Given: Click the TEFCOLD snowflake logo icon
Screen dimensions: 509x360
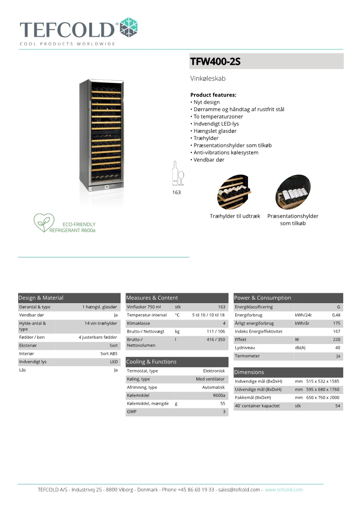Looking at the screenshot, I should point(128,27).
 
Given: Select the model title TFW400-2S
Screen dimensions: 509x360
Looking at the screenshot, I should point(215,61).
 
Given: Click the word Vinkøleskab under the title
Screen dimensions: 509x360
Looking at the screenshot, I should point(208,78).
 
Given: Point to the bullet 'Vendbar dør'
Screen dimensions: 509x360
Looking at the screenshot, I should point(207,160).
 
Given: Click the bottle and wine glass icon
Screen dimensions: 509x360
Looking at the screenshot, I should point(177,174).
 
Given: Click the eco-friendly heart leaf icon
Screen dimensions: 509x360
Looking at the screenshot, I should point(44,223).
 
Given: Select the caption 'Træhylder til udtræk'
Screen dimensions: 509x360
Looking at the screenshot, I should point(235,216).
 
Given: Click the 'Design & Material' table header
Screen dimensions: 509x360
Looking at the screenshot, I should point(41,298).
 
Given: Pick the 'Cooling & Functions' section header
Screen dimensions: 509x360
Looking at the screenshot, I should point(151,362).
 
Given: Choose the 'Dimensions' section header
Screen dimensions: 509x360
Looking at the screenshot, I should point(249,372).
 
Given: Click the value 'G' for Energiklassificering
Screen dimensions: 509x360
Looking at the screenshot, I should point(338,307).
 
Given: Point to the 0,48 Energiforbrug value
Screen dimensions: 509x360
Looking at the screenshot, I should point(336,315).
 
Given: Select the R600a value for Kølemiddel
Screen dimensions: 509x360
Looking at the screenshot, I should point(219,395).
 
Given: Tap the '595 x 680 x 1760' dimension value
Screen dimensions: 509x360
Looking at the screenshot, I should point(322,389).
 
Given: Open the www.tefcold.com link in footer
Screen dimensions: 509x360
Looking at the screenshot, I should point(284,490).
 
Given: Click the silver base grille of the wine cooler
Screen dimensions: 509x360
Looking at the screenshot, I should point(101,186).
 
